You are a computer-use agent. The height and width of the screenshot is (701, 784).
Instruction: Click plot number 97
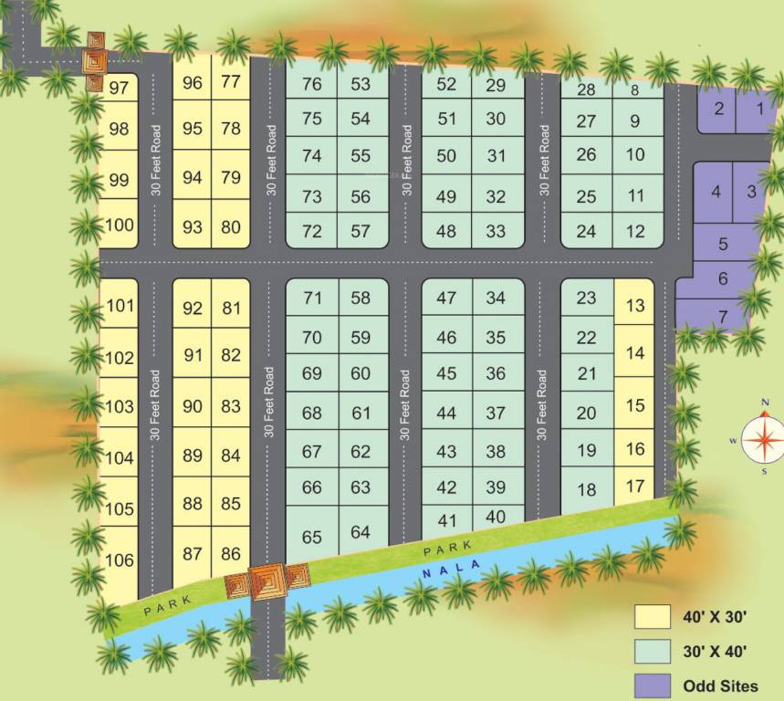pos(118,88)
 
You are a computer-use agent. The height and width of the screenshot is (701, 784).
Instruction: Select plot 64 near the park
pos(361,531)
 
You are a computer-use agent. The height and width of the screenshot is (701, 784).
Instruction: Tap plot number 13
pos(635,306)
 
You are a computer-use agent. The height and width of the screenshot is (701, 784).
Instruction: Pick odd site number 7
pos(723,316)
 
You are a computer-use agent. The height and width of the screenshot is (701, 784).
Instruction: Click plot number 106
pos(120,560)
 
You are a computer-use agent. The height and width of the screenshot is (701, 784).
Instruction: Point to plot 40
pos(496,517)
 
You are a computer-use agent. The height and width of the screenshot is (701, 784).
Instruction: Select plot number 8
pos(634,89)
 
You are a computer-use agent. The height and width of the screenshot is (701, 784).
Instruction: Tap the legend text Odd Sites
pos(720,685)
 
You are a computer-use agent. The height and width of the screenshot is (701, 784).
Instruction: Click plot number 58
pos(361,298)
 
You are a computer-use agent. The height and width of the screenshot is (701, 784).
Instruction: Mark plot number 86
pos(231,553)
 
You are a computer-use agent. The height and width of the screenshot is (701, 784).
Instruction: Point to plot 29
pos(496,85)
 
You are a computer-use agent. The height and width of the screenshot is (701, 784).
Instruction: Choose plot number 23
pos(587,298)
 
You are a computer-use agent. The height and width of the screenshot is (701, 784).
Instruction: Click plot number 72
pos(312,231)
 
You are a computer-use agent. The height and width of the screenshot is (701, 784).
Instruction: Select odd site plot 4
pos(716,192)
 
